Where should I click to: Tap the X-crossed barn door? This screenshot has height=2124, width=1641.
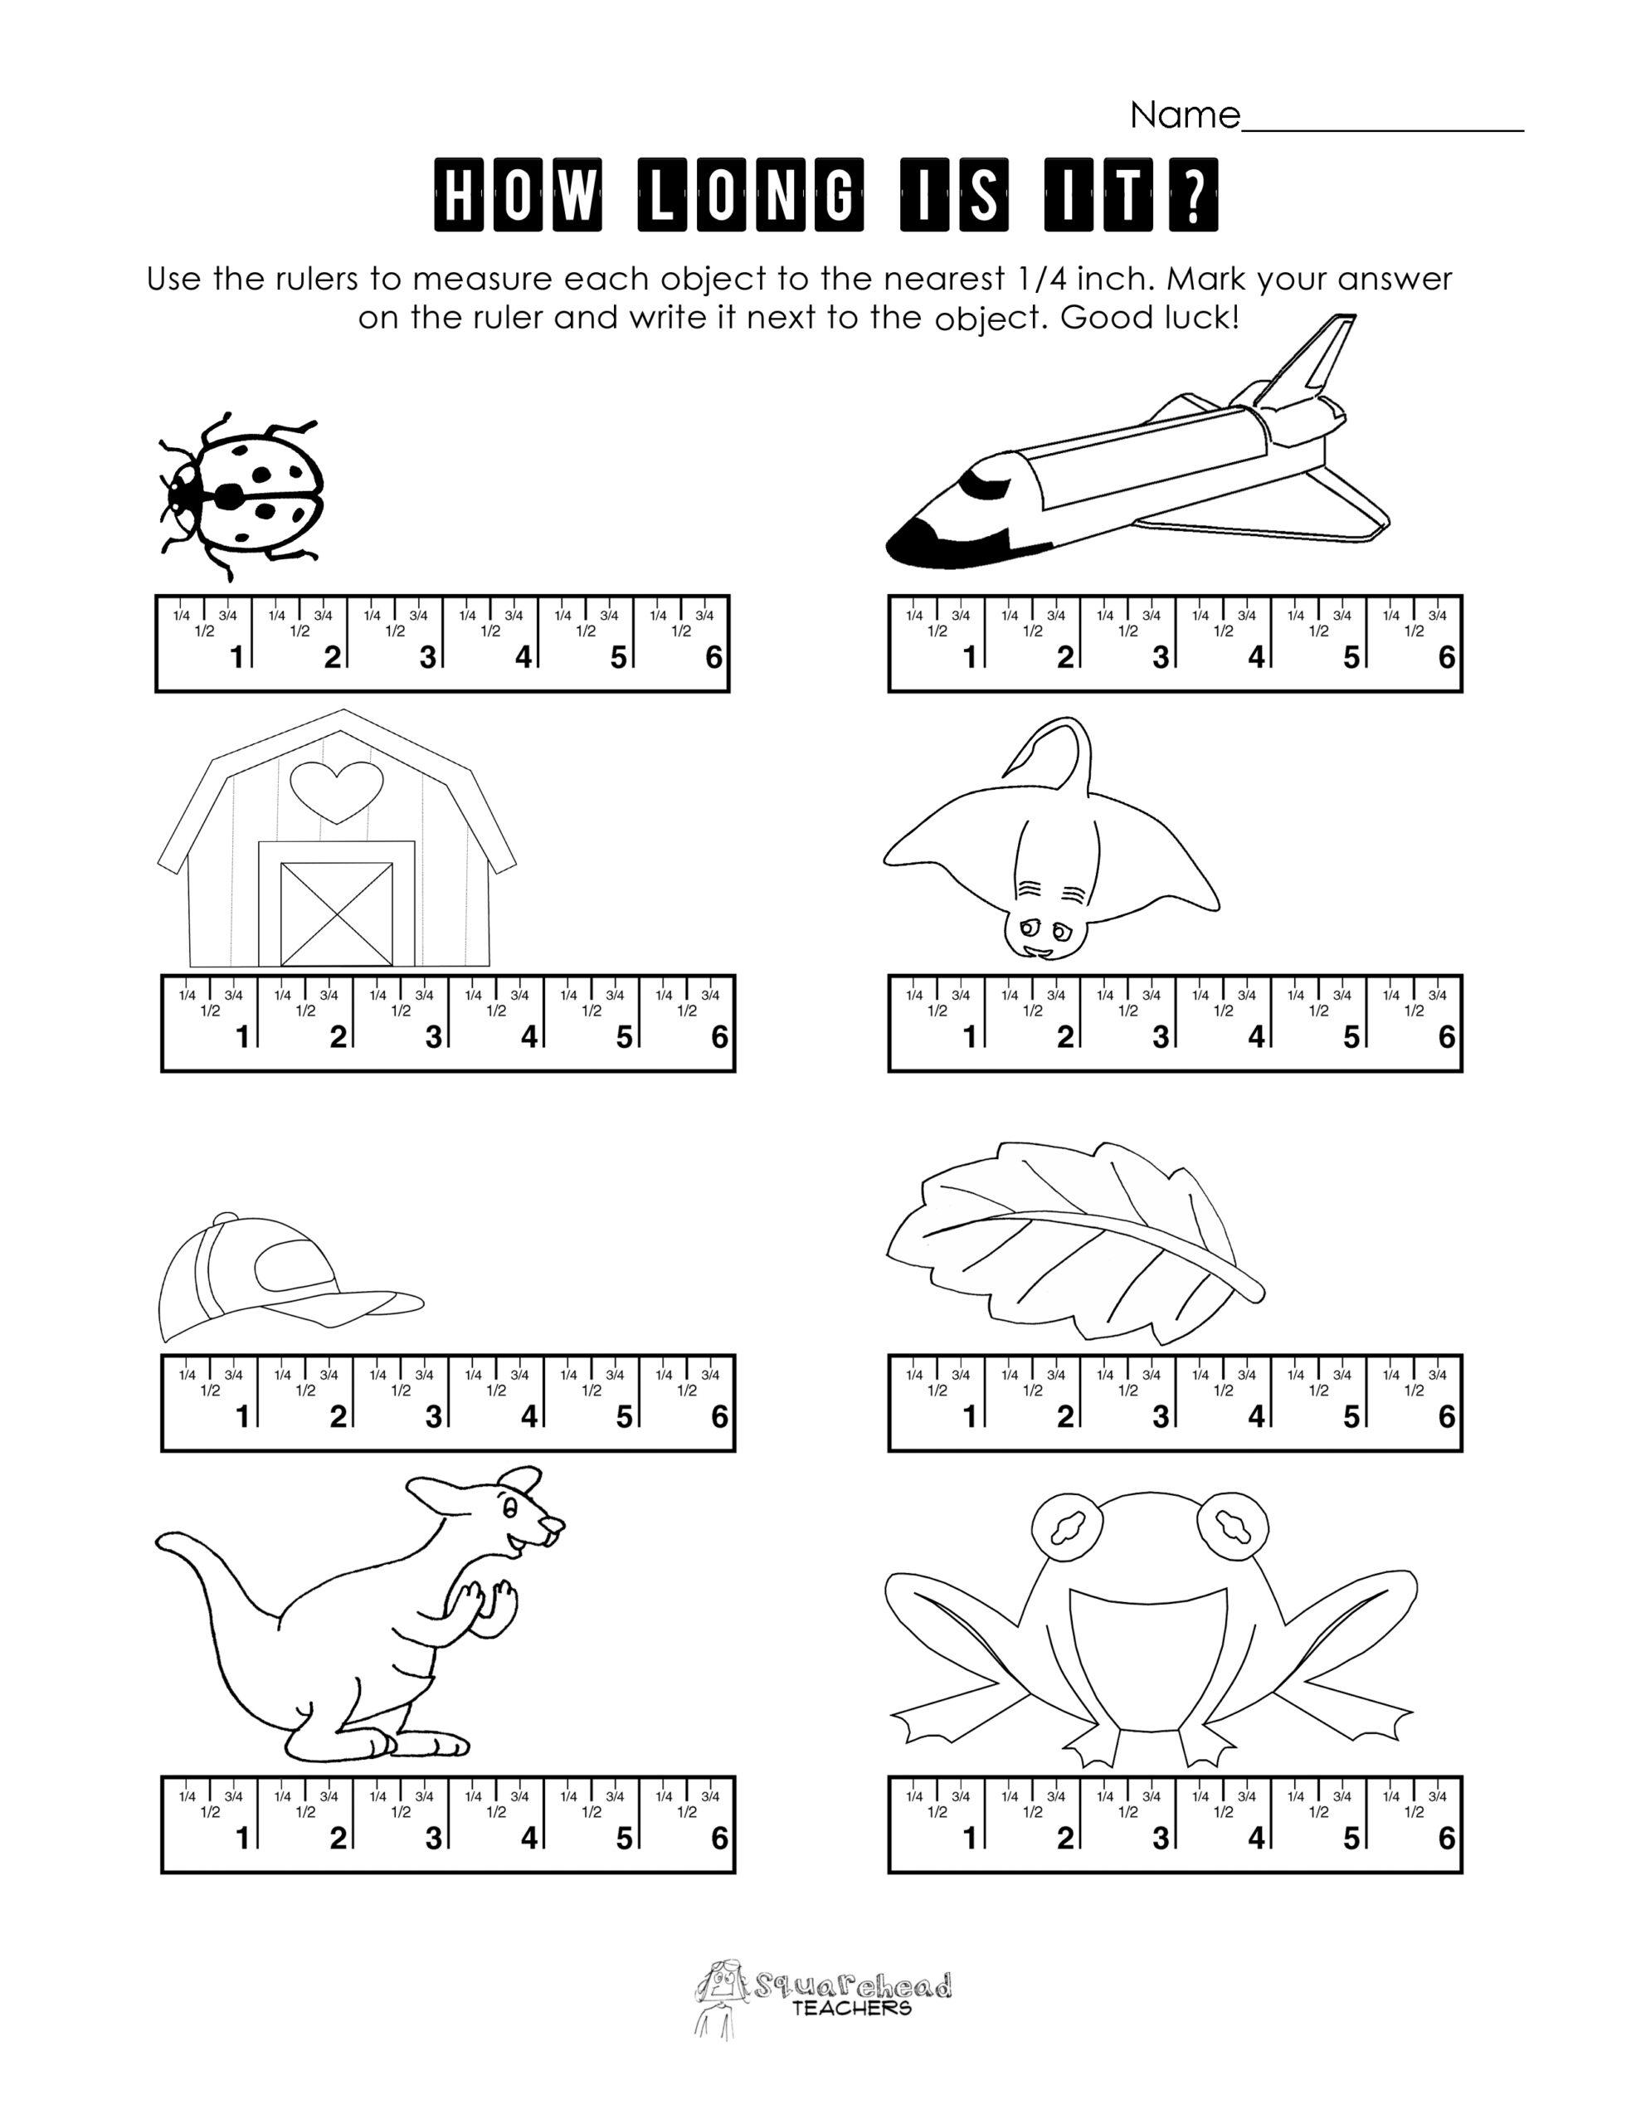[x=337, y=913]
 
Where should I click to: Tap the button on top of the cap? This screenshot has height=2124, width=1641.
[x=225, y=1219]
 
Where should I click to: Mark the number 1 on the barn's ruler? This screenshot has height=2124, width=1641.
[x=242, y=1038]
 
